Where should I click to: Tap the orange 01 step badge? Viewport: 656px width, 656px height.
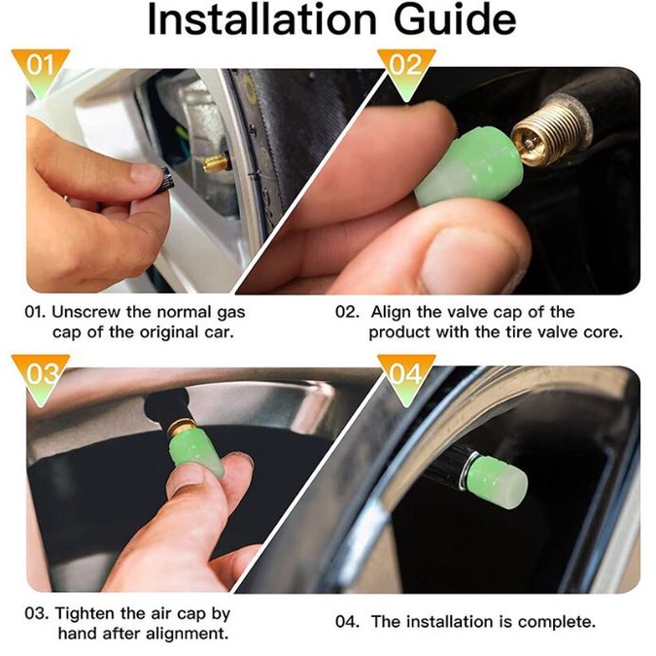point(42,65)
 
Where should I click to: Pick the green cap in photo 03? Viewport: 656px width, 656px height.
point(199,455)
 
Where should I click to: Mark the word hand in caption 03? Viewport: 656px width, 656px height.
point(74,634)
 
